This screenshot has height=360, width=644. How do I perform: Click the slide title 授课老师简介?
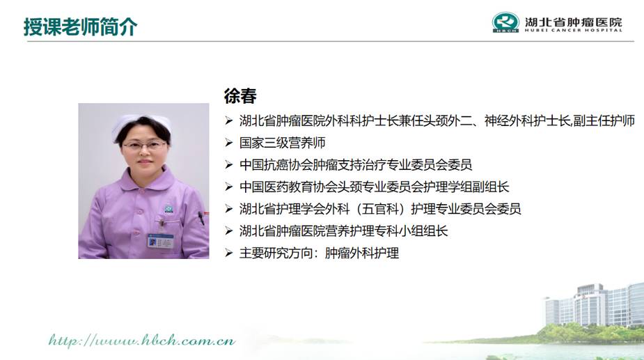click(x=81, y=27)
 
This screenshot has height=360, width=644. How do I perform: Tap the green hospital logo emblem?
click(x=505, y=22)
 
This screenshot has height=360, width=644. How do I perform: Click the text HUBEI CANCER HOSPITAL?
click(x=574, y=30)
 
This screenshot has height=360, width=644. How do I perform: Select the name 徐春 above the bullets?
click(x=240, y=96)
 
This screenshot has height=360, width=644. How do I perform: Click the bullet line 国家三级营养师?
click(x=283, y=143)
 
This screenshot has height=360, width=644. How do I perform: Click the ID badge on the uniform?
click(x=161, y=241)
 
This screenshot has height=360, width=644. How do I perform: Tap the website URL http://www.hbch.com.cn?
click(x=142, y=341)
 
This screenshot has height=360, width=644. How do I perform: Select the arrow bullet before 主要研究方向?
click(x=229, y=253)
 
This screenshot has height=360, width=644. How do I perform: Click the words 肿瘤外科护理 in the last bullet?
click(x=362, y=253)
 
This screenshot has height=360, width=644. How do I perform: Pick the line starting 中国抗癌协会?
click(x=356, y=165)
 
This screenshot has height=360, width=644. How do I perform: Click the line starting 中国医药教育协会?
click(x=374, y=187)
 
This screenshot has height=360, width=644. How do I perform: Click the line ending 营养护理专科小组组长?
click(x=343, y=231)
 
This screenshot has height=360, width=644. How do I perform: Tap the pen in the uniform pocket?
click(x=201, y=218)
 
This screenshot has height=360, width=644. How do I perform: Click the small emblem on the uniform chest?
click(x=168, y=209)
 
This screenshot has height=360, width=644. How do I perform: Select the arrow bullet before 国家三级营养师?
click(x=229, y=143)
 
